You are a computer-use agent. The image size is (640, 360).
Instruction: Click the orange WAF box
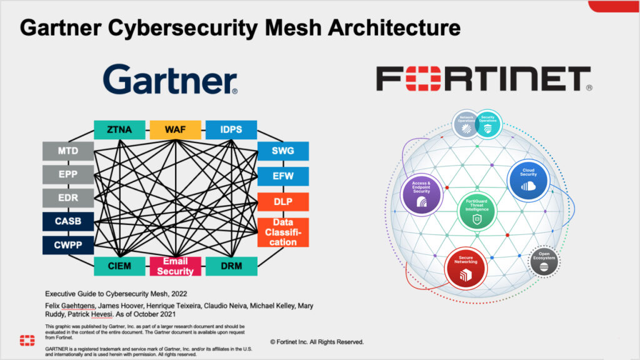point(175,130)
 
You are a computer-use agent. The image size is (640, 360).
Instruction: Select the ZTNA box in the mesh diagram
point(119,130)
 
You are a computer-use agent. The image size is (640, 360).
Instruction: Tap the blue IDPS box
point(231,130)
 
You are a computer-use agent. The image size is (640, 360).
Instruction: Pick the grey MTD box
point(68,151)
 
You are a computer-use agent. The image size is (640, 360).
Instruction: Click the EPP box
point(68,175)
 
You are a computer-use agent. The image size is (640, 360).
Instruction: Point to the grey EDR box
point(68,198)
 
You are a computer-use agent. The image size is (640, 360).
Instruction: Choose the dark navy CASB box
point(68,222)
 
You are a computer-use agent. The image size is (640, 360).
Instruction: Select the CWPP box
point(68,245)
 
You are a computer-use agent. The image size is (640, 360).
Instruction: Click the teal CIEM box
point(119,266)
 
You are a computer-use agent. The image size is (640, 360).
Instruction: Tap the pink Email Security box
point(175,266)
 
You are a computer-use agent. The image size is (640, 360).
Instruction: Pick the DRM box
point(231,266)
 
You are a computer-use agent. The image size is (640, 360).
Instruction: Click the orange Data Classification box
point(283,232)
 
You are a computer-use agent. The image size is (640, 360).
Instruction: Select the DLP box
point(283,202)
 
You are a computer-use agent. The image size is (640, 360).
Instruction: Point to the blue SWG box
point(283,151)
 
